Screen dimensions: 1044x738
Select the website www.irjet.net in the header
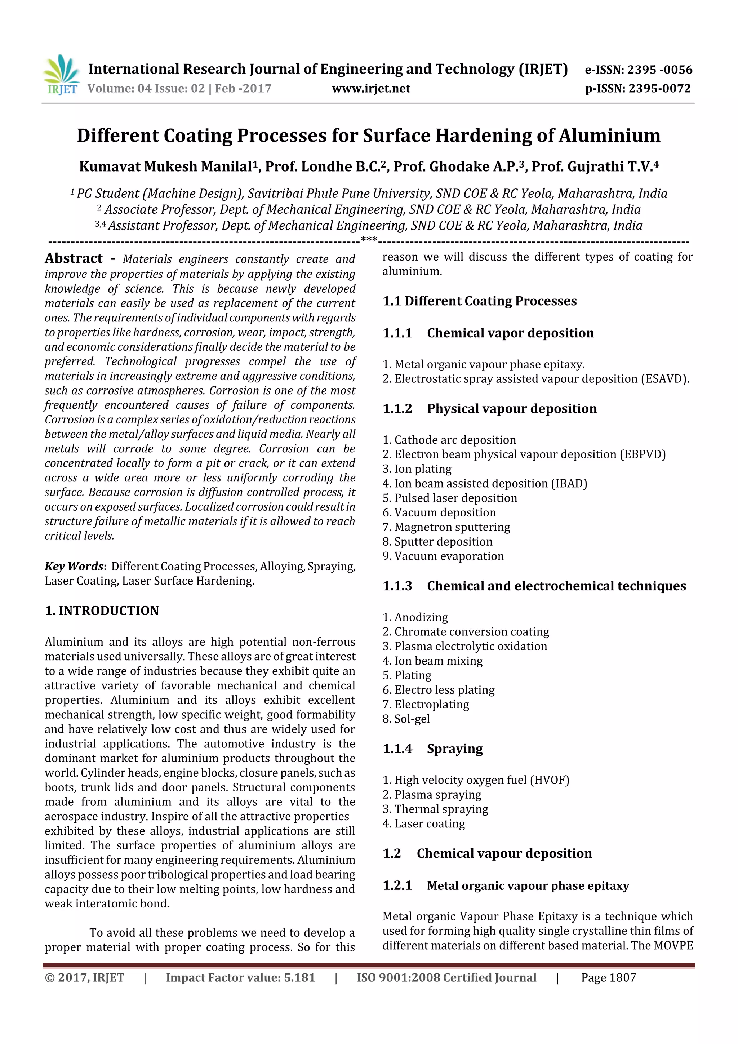371,89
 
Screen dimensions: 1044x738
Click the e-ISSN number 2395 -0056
660,70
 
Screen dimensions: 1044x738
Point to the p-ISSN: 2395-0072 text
638,89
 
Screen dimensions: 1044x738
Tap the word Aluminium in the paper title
609,136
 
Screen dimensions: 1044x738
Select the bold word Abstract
74,258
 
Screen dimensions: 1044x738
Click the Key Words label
75,566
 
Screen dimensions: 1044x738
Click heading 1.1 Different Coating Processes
479,301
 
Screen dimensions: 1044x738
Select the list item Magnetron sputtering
452,527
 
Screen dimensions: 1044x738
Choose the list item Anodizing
421,617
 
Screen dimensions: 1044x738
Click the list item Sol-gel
412,719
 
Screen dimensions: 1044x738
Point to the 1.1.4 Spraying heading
432,748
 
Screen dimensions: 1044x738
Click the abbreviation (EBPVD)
643,454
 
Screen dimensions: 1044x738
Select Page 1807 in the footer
608,978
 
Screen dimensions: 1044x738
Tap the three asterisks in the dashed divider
368,240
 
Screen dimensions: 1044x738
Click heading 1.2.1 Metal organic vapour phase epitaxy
506,885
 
